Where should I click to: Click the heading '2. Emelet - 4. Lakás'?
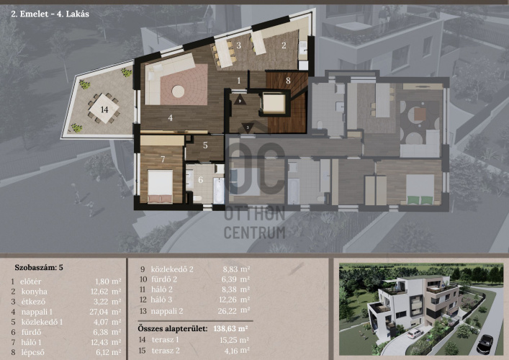tap(50, 14)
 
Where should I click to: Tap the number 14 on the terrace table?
tap(104, 109)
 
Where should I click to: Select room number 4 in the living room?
tap(171, 118)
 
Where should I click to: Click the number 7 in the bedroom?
tap(163, 159)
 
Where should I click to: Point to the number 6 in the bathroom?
tap(200, 179)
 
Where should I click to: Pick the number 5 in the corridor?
tap(205, 145)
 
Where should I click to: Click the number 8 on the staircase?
tap(288, 80)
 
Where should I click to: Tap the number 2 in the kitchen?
tap(284, 45)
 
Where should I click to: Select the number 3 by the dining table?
tap(238, 45)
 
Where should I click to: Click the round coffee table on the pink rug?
tap(179, 91)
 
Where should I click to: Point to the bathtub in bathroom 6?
tap(219, 191)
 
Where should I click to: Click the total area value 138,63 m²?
tap(230, 328)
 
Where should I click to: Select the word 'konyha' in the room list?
tap(35, 292)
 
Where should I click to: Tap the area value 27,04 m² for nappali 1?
tap(105, 312)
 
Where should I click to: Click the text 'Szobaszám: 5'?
tap(39, 268)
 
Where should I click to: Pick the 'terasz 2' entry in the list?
tap(166, 351)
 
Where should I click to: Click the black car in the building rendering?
tap(485, 344)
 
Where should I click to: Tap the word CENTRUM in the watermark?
tap(255, 233)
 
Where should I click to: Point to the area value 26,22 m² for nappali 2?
tap(234, 310)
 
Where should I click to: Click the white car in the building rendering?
tap(415, 333)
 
